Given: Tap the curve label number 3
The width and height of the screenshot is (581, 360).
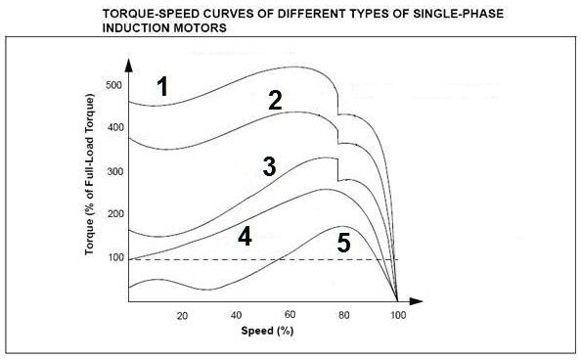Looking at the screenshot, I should coord(269,166).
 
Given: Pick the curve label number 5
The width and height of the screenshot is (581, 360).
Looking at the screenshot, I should coord(343,243).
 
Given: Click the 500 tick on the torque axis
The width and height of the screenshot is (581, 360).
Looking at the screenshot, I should coord(115,85).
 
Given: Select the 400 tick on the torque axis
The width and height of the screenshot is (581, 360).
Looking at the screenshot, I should coord(115,128).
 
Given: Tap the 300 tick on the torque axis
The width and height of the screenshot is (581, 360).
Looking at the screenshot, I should coord(115,171).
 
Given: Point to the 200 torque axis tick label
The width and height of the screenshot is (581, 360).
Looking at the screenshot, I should coord(115,214).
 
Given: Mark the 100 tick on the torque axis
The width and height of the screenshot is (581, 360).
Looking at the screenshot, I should coord(115,257).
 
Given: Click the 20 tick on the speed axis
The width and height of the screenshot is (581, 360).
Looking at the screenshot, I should coord(182,316).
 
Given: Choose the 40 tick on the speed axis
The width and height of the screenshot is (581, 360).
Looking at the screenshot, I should coord(236,316).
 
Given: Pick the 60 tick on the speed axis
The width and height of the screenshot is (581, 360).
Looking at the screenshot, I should coord(290,316).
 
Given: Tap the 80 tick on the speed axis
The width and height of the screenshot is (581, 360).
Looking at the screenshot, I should coord(343,316).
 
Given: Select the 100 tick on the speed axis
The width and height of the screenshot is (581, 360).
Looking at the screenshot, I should coord(397,316).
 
